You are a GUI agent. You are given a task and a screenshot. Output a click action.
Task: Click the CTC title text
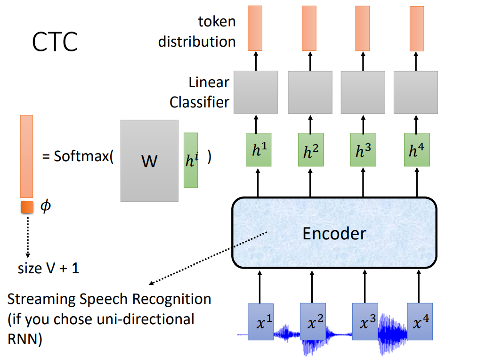[x=55, y=42]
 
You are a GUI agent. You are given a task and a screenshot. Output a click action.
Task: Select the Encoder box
[x=334, y=232]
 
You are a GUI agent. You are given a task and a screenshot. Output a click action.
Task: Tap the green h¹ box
[x=258, y=150]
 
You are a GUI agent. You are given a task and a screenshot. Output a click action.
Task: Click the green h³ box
[x=363, y=150]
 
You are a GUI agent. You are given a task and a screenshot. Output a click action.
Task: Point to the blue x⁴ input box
[x=420, y=322]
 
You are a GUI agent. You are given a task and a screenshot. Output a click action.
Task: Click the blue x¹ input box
[x=260, y=322]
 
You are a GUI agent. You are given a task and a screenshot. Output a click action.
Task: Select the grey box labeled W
[x=149, y=161]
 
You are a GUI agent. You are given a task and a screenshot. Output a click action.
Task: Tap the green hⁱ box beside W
[x=191, y=160]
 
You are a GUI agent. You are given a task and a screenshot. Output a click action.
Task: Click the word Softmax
[x=81, y=156]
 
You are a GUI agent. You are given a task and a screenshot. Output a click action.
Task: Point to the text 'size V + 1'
[x=49, y=269]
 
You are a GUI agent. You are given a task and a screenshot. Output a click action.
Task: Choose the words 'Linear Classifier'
[x=200, y=92]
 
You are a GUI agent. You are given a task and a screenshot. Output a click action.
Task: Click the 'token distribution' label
[x=197, y=31]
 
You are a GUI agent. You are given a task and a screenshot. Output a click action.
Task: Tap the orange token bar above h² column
[x=309, y=28]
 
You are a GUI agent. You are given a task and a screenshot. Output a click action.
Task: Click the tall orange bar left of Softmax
[x=26, y=156]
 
